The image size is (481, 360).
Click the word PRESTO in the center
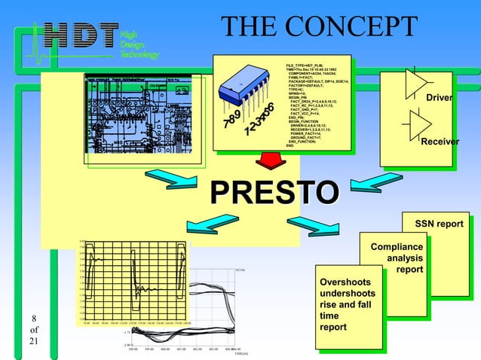[x=273, y=191]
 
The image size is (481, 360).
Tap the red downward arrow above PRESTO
[x=268, y=161]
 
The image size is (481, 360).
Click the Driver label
[x=440, y=99]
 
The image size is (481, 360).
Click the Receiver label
[x=440, y=142]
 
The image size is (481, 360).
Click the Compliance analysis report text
[x=398, y=258]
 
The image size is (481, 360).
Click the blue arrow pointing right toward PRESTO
[x=174, y=181]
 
